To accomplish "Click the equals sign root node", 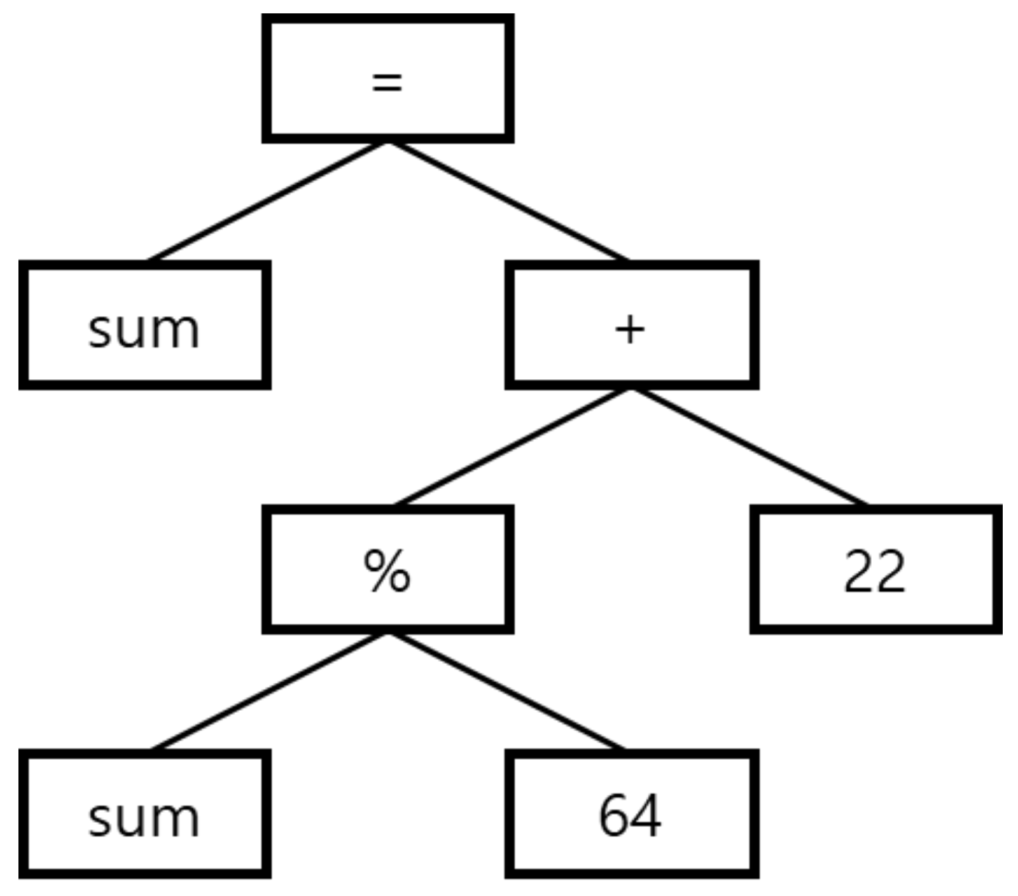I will coord(387,78).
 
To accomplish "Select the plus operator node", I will coord(631,325).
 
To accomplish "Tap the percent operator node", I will coord(387,570).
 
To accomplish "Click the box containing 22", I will coord(875,570).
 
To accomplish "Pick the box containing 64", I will coord(631,815).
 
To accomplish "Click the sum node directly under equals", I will coord(144,325).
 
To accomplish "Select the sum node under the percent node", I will coord(144,815).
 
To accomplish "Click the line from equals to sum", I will coord(267,201).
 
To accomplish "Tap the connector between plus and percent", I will coord(512,447).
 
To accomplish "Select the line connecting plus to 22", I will coord(751,447).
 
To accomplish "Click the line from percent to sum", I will coord(267,692).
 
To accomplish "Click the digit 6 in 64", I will coord(613,815).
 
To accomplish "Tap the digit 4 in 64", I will coord(646,815).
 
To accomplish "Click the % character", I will coord(387,571).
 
